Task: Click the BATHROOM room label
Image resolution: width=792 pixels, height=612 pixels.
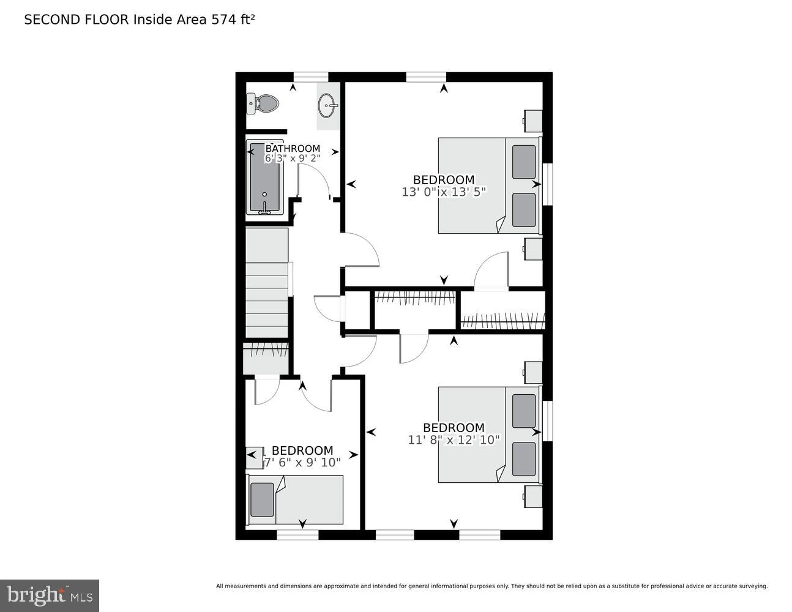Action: (293, 149)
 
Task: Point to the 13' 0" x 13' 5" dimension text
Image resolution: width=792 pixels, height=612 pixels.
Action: (444, 192)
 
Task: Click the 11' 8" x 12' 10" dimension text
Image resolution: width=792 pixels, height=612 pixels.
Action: (454, 439)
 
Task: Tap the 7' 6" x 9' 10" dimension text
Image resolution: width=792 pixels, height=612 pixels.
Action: (302, 463)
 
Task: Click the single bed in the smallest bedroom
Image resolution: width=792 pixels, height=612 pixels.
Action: (295, 499)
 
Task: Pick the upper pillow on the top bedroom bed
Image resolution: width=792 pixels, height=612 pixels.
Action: (523, 162)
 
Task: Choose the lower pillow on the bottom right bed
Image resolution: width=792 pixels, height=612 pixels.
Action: (523, 459)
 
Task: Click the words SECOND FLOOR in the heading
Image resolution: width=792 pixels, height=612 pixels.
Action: (77, 20)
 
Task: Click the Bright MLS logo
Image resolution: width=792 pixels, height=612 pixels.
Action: (50, 595)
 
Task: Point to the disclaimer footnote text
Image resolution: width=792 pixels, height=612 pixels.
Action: (491, 586)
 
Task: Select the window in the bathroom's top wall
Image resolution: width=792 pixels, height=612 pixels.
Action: (311, 76)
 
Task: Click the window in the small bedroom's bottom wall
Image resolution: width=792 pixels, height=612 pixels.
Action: (297, 535)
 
